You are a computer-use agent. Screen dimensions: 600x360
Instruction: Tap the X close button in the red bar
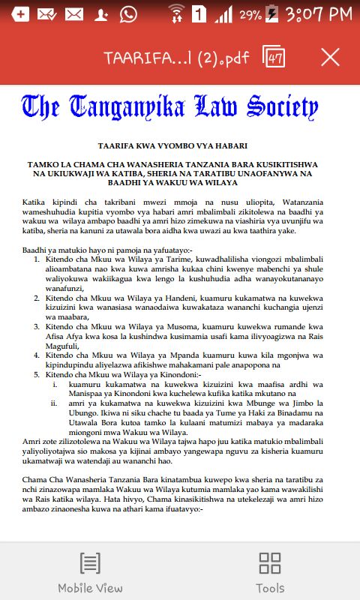coord(330,57)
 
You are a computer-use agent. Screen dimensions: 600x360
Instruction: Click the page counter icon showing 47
coord(274,57)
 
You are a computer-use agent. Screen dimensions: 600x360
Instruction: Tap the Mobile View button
coord(90,572)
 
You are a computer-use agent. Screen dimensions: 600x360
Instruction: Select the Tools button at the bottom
coord(270,572)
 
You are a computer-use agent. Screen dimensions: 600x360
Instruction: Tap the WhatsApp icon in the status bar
coord(128,13)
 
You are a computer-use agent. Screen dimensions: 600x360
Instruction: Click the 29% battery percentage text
coord(249,14)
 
